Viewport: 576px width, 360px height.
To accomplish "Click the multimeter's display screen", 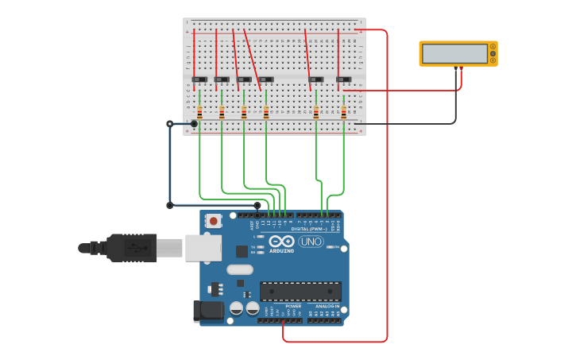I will pos(454,53).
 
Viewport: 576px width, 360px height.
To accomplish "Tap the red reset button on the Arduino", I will pos(213,221).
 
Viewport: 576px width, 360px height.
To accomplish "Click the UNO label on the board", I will pos(311,242).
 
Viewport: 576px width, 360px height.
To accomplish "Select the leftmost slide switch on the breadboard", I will pos(199,79).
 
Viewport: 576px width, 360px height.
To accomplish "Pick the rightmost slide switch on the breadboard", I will pos(343,79).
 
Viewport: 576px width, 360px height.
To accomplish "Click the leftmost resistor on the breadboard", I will pos(199,112).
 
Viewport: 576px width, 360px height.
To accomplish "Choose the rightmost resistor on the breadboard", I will pos(343,112).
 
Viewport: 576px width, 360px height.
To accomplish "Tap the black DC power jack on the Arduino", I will pos(209,311).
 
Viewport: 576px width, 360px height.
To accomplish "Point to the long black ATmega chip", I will pos(300,291).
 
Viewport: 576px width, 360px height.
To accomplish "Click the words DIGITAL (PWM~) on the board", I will pos(309,229).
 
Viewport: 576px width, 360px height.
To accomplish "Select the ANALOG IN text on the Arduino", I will pos(327,306).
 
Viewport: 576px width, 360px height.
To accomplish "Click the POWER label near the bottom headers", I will pos(293,306).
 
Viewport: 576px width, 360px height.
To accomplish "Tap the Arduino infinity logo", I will pos(281,241).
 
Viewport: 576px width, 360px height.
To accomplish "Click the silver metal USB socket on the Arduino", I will pos(203,248).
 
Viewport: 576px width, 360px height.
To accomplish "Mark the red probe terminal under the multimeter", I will pos(461,69).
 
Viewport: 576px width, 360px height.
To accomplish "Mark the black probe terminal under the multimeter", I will pos(456,69).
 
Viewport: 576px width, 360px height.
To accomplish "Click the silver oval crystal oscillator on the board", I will pos(239,269).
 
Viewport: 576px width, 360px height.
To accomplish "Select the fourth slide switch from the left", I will pos(266,79).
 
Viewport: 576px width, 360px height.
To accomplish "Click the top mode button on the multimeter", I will pos(493,47).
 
